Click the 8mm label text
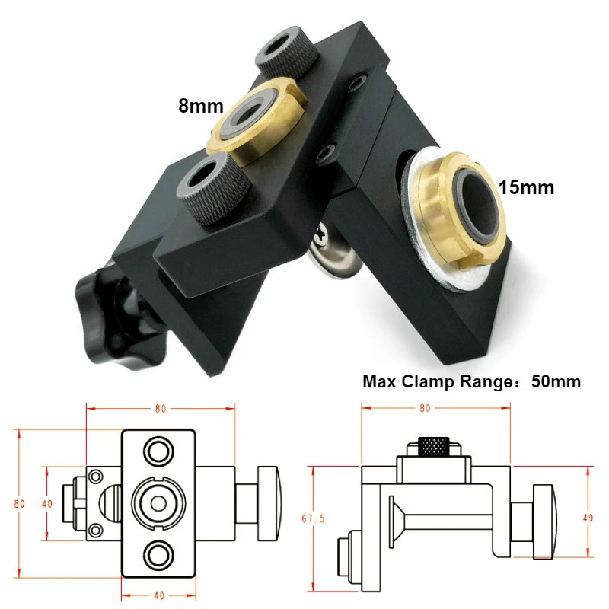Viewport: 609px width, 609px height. click(200, 105)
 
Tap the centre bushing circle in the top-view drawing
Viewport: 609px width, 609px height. click(158, 502)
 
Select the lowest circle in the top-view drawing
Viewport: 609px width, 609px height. click(159, 554)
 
